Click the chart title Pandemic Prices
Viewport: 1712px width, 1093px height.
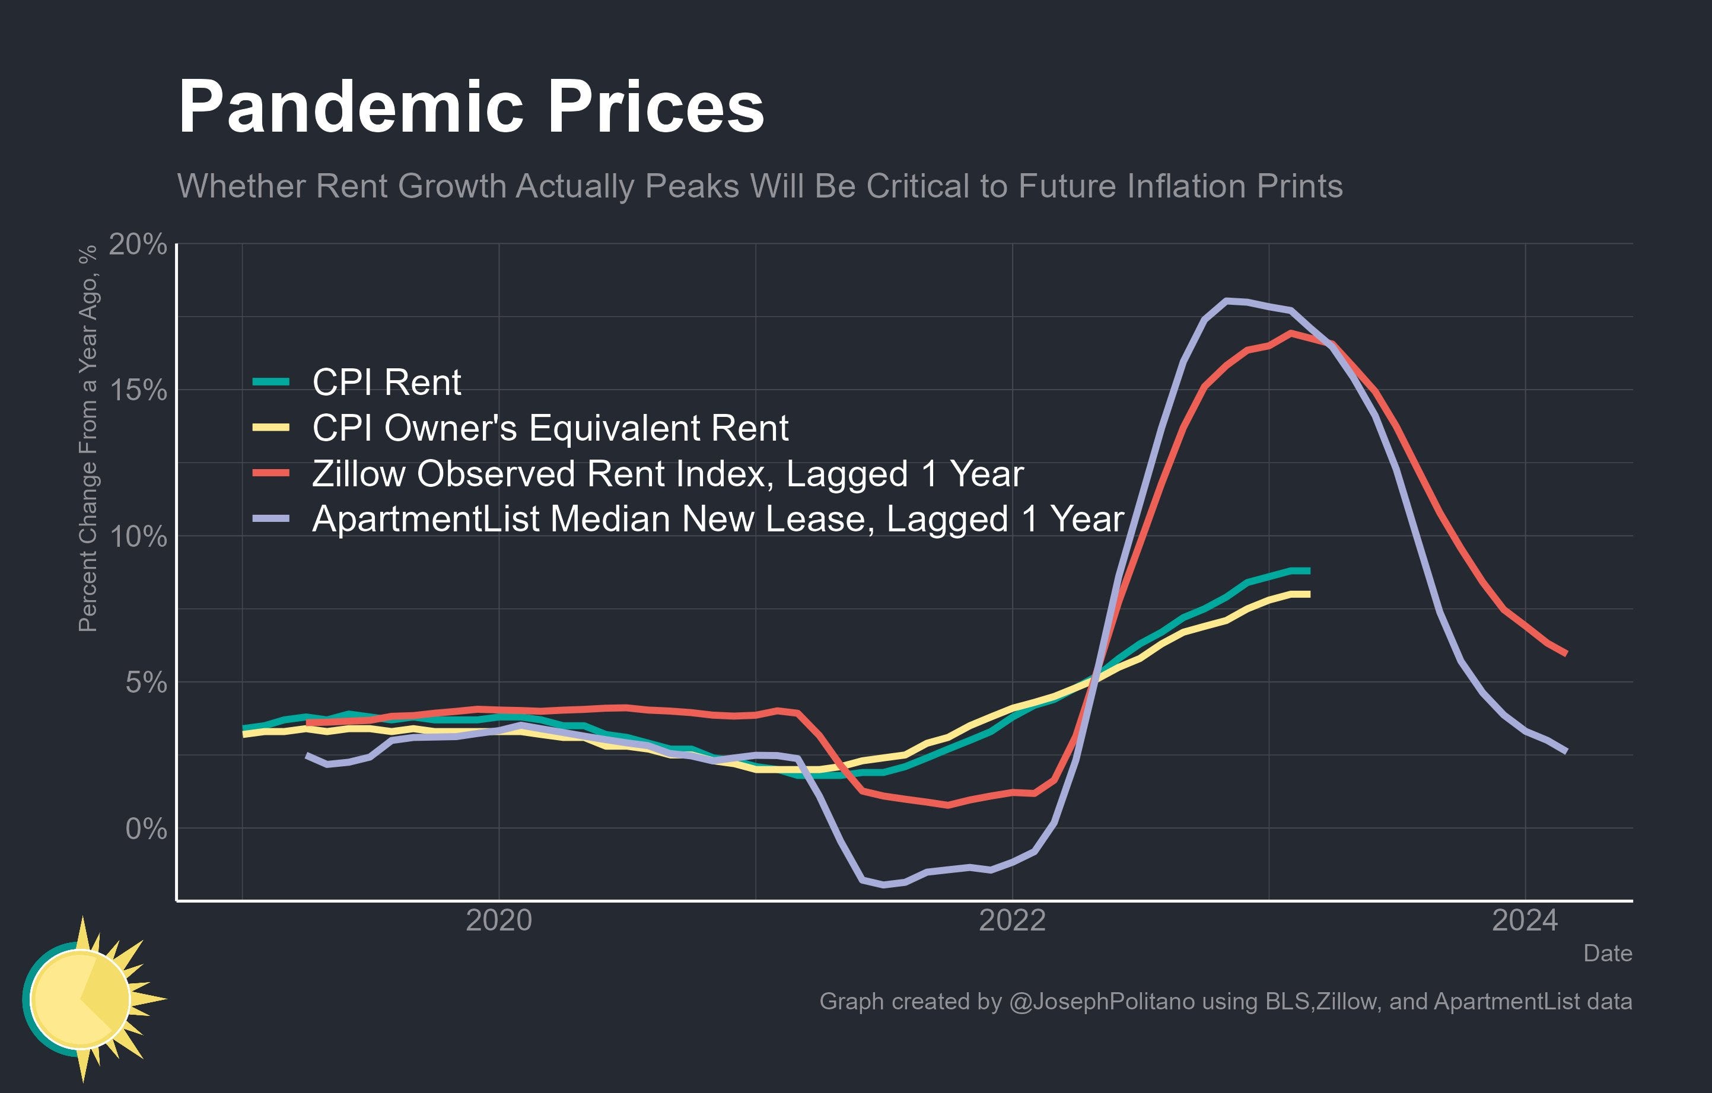470,107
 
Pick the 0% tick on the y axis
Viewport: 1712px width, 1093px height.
146,828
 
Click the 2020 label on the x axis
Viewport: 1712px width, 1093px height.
498,921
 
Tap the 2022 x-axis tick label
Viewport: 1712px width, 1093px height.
1011,921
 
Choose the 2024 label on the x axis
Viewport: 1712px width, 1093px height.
1525,921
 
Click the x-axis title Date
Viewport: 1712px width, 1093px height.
1608,954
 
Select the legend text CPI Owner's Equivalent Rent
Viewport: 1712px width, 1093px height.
549,428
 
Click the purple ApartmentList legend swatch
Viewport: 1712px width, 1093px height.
271,519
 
